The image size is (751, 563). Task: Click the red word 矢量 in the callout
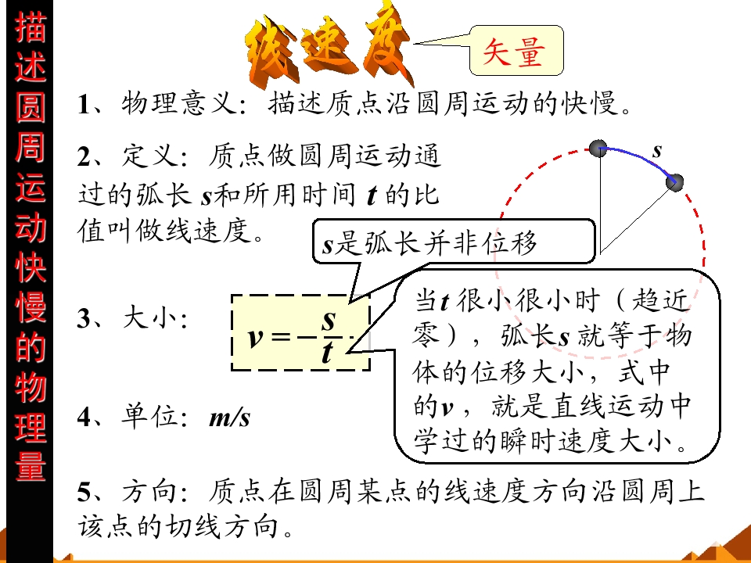pyautogui.click(x=513, y=52)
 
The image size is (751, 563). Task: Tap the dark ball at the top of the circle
pyautogui.click(x=598, y=149)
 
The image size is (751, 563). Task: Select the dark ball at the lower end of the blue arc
pyautogui.click(x=674, y=182)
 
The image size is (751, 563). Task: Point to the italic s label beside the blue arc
pyautogui.click(x=656, y=151)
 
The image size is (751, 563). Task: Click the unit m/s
pyautogui.click(x=230, y=417)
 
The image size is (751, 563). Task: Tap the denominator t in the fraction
pyautogui.click(x=327, y=353)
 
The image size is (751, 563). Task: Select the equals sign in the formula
pyautogui.click(x=281, y=337)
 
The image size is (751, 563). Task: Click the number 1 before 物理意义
pyautogui.click(x=84, y=104)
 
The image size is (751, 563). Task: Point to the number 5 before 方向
pyautogui.click(x=84, y=491)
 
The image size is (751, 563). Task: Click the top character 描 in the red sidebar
pyautogui.click(x=31, y=27)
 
